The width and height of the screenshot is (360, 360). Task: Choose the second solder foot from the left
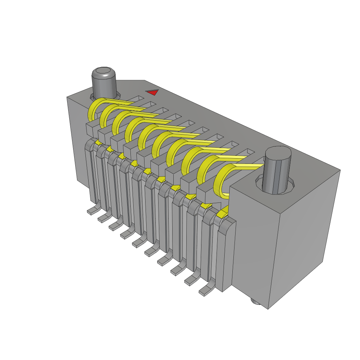coord(103,218)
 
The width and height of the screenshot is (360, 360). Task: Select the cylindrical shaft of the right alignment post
coord(278,176)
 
